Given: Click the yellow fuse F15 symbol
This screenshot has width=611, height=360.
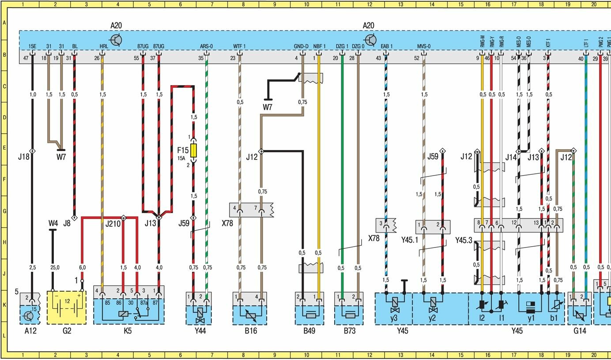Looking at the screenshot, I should click(x=193, y=150).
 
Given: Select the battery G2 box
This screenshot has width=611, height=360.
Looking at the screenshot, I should click(x=67, y=307).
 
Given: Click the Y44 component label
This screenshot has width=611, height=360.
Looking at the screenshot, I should click(x=200, y=330).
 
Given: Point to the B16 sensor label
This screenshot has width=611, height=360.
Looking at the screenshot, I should click(x=250, y=330).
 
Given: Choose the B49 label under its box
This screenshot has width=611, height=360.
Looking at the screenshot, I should click(x=309, y=330).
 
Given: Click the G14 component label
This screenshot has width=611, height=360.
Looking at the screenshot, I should click(x=579, y=330).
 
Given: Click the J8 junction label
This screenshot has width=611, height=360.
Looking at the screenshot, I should click(x=67, y=223).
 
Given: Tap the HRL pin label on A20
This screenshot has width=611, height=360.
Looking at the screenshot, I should click(x=103, y=46).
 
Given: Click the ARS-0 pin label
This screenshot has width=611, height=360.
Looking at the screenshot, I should click(x=206, y=46).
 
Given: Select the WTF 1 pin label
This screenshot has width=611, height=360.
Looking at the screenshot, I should click(x=240, y=46).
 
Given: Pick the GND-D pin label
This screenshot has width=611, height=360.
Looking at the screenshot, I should click(x=301, y=46).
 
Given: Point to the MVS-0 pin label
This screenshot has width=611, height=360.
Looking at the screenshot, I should click(x=424, y=46).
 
